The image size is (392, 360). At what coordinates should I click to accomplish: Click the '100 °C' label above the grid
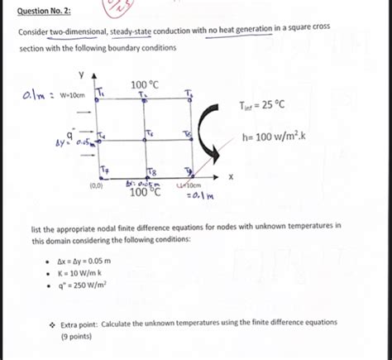tap(145, 84)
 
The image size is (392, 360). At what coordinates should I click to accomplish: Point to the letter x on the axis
tap(232, 177)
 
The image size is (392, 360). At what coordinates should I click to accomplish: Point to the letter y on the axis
tap(81, 72)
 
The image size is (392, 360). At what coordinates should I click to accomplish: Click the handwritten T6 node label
tap(148, 134)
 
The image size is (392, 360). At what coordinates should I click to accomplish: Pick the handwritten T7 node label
tap(103, 170)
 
